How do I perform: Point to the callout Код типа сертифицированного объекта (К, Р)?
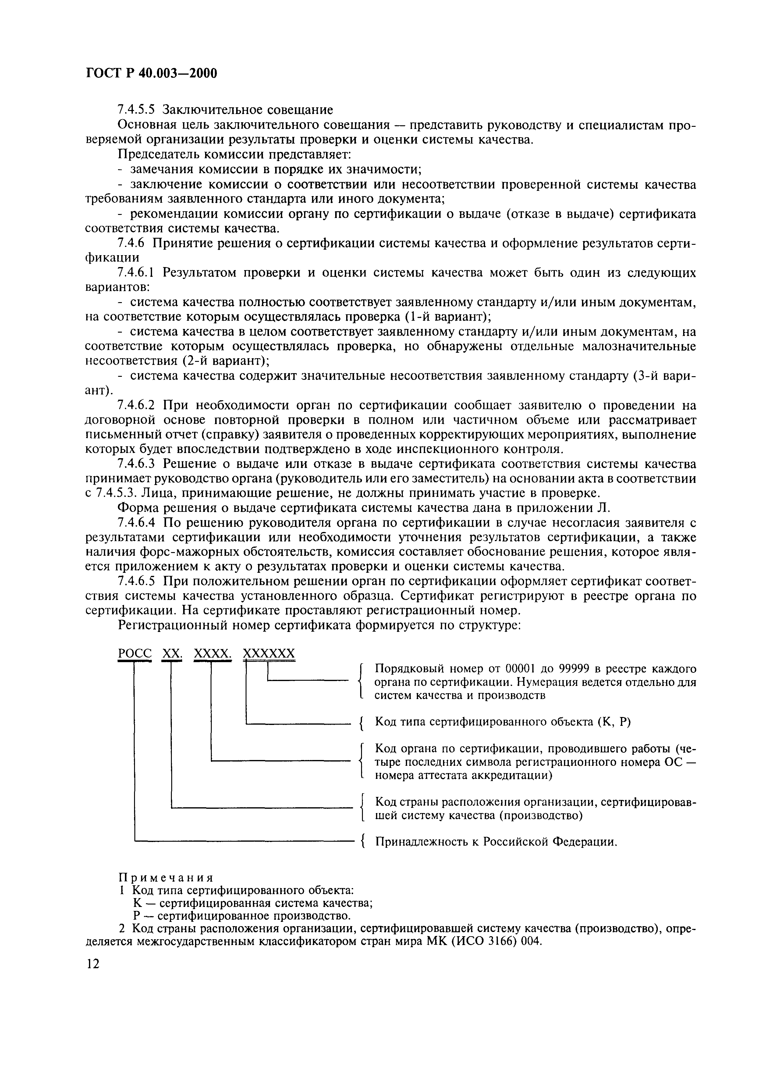pos(502,722)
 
